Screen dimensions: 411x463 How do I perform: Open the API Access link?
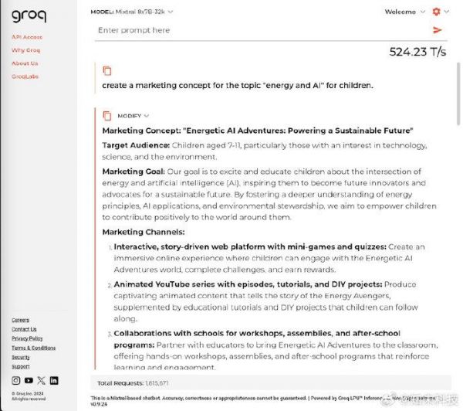pyautogui.click(x=27, y=37)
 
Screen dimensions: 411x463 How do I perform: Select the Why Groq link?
pyautogui.click(x=25, y=50)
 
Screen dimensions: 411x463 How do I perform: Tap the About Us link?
pyautogui.click(x=25, y=63)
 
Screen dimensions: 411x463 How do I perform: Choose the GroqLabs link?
pyautogui.click(x=25, y=76)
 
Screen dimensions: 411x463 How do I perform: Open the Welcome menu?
pyautogui.click(x=404, y=12)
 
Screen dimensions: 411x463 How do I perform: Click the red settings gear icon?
pyautogui.click(x=437, y=12)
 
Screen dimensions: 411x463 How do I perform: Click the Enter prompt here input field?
pyautogui.click(x=255, y=30)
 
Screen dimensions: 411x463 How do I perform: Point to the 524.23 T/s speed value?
pyautogui.click(x=417, y=53)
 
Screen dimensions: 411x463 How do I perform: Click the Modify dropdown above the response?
pyautogui.click(x=133, y=116)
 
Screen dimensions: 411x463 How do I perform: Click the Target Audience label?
pyautogui.click(x=135, y=145)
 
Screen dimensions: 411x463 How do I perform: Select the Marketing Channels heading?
pyautogui.click(x=144, y=231)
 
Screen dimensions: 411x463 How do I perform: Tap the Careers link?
pyautogui.click(x=20, y=320)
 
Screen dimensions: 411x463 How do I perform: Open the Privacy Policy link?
pyautogui.click(x=27, y=338)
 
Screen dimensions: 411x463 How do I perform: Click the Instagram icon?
pyautogui.click(x=16, y=380)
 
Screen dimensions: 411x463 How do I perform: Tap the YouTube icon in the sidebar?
pyautogui.click(x=29, y=380)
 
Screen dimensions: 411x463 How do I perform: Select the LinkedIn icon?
pyautogui.click(x=54, y=380)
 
